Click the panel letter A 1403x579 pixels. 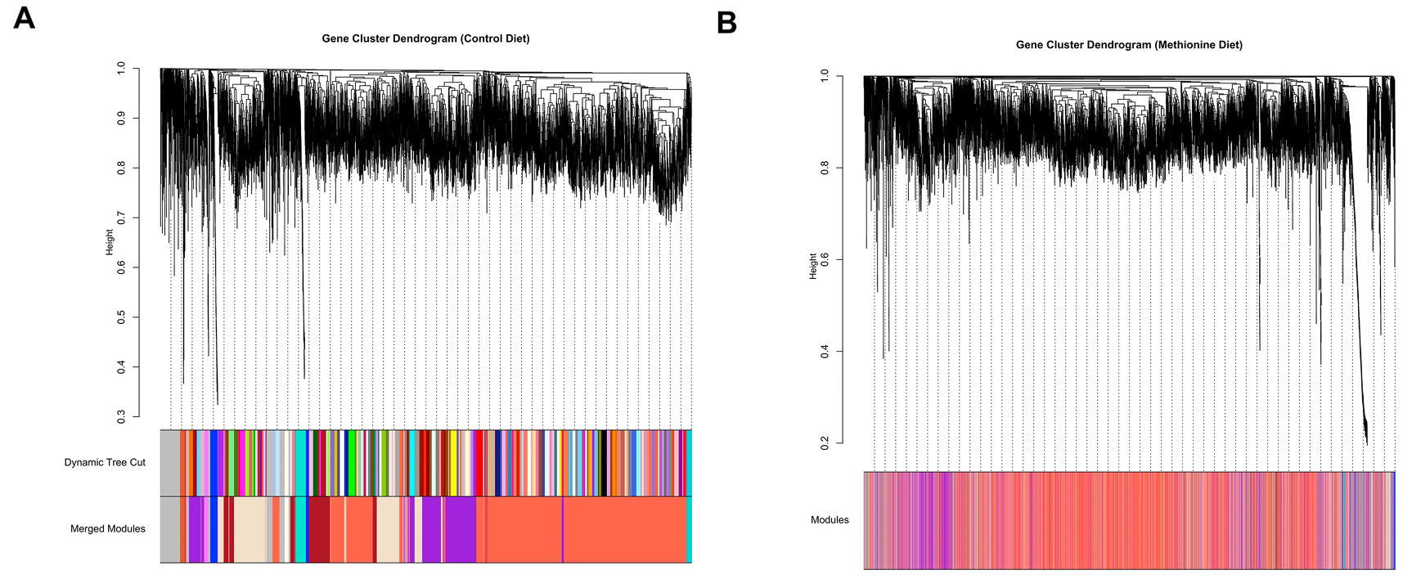pos(24,17)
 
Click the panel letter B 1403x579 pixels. pos(726,23)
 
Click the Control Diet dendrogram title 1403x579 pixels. pos(425,38)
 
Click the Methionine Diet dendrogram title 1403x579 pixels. pos(1129,45)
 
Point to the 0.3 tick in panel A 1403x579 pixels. pos(122,417)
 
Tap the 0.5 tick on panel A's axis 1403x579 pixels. pos(122,317)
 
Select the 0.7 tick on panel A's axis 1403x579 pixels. pos(122,218)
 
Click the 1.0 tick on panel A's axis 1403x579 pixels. pos(122,69)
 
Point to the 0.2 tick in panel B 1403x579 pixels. pos(825,442)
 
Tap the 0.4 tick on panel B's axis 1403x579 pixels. pos(825,351)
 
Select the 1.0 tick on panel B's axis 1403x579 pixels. pos(825,75)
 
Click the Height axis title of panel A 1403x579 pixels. pos(110,242)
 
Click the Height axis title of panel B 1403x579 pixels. pos(812,266)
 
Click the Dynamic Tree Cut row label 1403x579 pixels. pos(105,462)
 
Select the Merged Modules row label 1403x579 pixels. pos(108,529)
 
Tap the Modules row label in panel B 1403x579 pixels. pos(830,520)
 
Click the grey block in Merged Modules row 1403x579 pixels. pos(169,530)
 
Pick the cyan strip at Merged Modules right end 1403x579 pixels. pos(689,530)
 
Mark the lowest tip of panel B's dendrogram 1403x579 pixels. pos(1366,443)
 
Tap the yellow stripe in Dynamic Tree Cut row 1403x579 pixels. pos(453,463)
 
